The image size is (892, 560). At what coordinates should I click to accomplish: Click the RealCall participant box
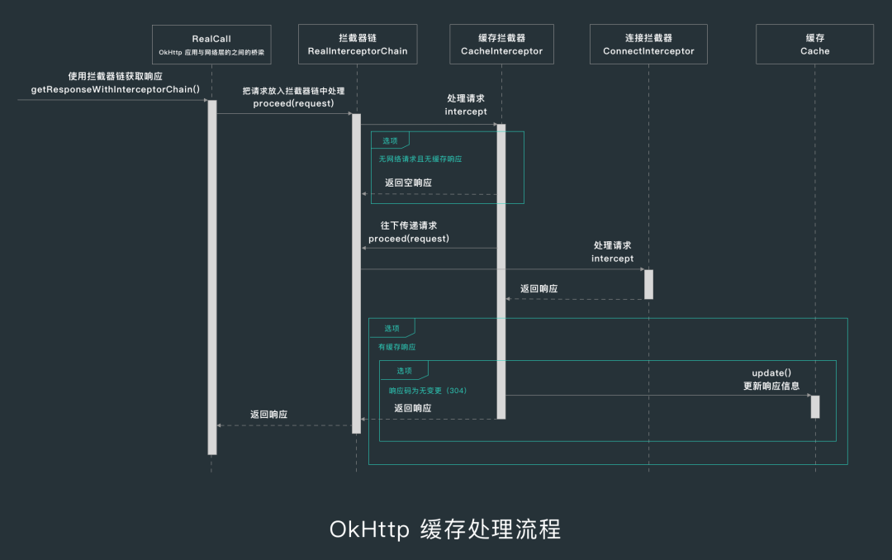click(211, 44)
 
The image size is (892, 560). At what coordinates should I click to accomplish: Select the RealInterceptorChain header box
click(357, 44)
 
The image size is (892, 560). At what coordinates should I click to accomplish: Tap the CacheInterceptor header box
click(501, 44)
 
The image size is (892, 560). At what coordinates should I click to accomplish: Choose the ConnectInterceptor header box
click(648, 44)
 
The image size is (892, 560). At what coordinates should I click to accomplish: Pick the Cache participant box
click(814, 44)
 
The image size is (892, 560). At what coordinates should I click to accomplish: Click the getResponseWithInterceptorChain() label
click(116, 88)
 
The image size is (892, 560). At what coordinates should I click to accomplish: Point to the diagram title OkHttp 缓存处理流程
click(445, 529)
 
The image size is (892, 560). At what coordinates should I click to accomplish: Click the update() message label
click(771, 373)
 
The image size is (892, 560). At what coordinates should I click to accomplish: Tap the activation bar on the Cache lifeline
click(815, 406)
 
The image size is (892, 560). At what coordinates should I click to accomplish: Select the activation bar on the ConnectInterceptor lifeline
click(648, 284)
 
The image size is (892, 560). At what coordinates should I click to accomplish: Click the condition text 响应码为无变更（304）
click(428, 391)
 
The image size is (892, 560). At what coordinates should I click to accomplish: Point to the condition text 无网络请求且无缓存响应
click(420, 159)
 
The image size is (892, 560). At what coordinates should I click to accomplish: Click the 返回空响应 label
click(408, 183)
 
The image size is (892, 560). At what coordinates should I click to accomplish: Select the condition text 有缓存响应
click(397, 348)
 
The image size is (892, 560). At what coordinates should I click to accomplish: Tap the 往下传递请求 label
click(409, 225)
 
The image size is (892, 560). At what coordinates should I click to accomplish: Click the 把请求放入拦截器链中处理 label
click(293, 90)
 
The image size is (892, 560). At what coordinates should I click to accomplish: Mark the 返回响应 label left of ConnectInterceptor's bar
click(539, 289)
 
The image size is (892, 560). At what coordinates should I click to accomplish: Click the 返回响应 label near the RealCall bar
click(269, 414)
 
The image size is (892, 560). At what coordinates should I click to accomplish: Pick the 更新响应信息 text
click(771, 386)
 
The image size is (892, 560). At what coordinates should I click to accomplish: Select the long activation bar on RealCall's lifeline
click(212, 277)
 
